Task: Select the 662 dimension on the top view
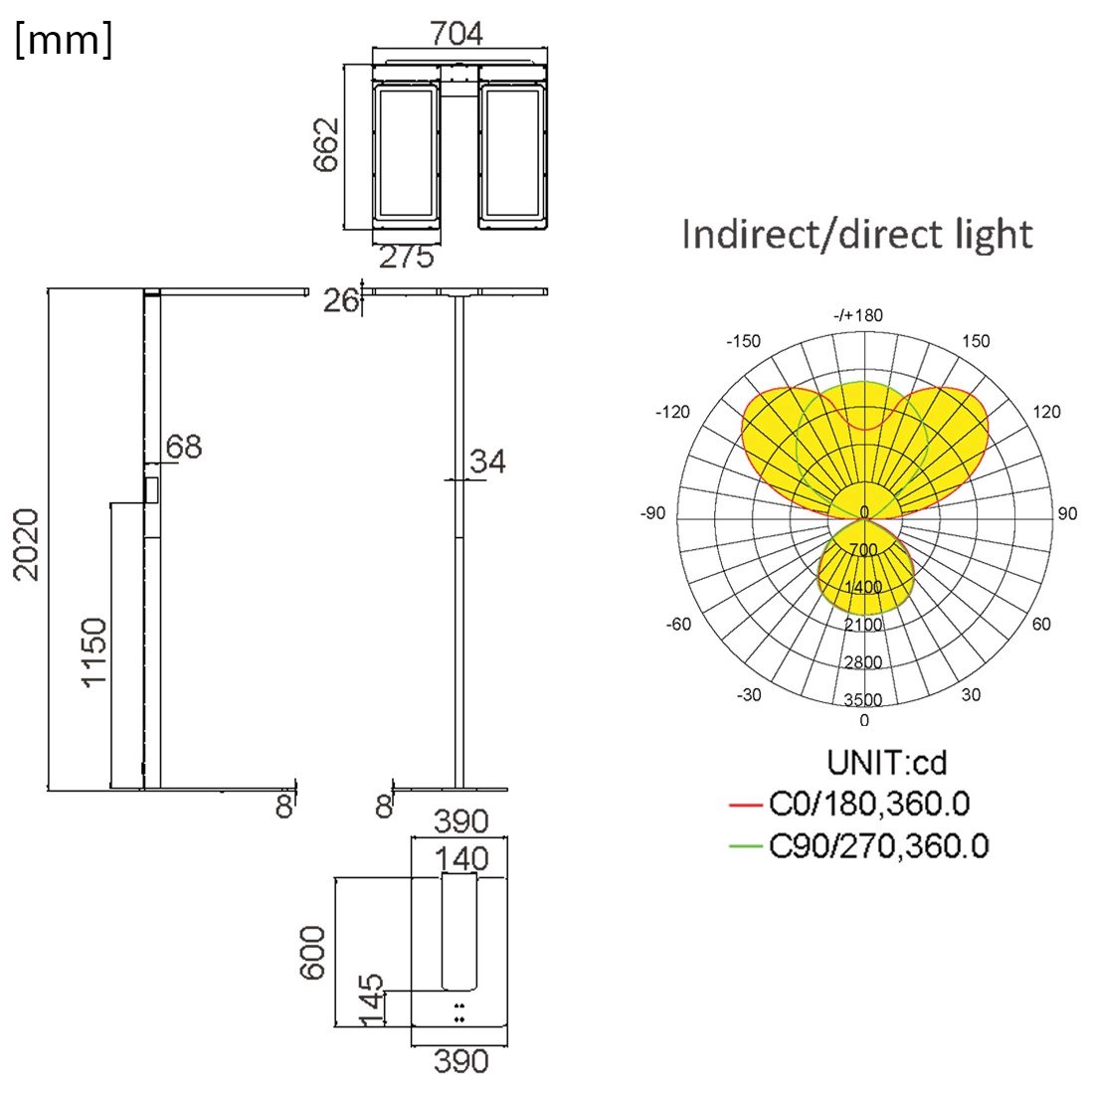pos(327,145)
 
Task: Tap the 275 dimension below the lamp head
pos(408,258)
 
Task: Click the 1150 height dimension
pos(93,651)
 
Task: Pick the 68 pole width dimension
pos(184,448)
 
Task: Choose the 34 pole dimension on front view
pos(487,461)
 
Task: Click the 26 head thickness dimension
pos(340,299)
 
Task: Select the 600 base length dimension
pos(313,952)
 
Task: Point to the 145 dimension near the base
pos(370,1002)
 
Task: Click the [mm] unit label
pos(64,42)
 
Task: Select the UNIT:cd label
pos(886,763)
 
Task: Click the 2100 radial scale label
pos(863,625)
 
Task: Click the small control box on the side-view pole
pos(151,490)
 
